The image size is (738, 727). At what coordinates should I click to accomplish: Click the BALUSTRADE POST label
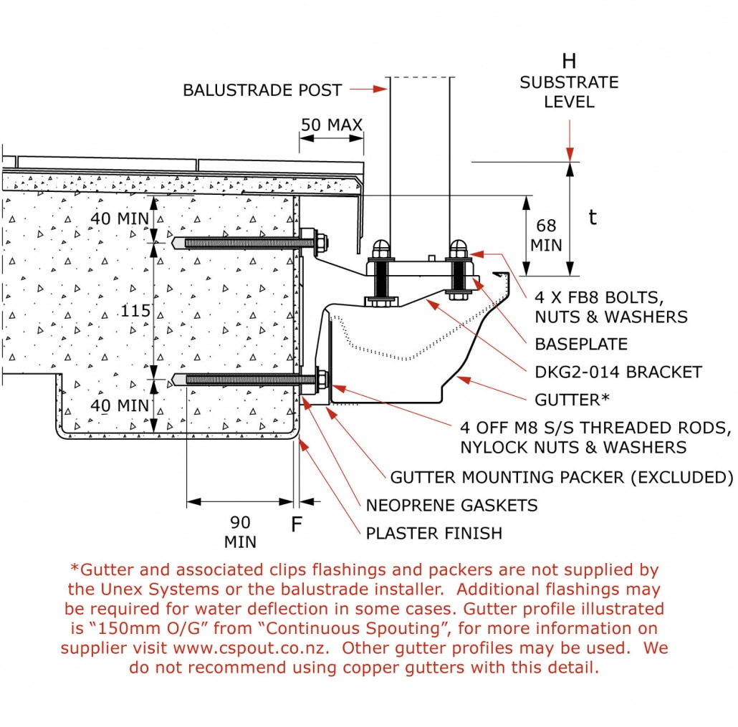point(262,90)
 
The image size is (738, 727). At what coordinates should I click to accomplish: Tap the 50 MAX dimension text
point(331,125)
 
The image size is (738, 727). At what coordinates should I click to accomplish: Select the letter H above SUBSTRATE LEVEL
point(569,61)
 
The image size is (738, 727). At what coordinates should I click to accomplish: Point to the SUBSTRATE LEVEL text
point(569,92)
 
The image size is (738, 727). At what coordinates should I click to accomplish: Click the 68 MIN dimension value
point(546,236)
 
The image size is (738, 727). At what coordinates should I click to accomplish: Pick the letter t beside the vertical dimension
point(593,218)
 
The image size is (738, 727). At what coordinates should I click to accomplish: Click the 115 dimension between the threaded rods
point(135,311)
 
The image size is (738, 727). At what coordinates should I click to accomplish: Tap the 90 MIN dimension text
point(240,531)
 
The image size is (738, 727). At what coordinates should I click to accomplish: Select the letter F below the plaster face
point(297,525)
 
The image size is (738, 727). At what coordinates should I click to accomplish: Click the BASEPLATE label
point(581,344)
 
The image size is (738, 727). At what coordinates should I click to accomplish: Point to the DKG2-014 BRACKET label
point(618,372)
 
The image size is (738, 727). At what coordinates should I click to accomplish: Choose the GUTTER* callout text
point(571,399)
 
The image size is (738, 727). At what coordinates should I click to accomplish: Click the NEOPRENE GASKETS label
point(451,505)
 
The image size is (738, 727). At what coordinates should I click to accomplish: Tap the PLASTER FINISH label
point(433,533)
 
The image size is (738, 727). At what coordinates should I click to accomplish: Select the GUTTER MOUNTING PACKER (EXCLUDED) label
point(561,477)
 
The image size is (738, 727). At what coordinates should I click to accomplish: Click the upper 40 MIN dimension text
point(120,218)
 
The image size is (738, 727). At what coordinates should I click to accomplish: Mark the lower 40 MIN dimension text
point(120,406)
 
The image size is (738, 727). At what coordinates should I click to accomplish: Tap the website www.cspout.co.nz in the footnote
point(250,648)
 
